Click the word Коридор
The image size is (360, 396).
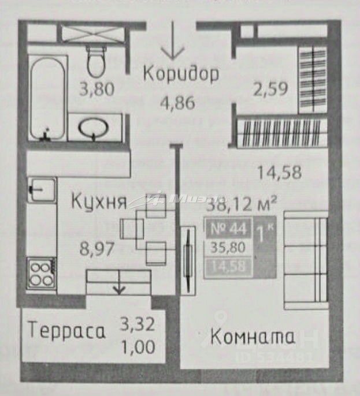(x=181, y=74)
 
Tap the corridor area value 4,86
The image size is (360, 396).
(x=177, y=103)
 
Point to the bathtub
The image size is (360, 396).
(x=46, y=98)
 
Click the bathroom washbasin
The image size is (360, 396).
(x=94, y=129)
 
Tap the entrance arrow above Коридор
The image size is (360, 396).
(x=172, y=41)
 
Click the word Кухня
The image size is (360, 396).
(x=99, y=202)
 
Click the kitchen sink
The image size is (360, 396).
(x=42, y=189)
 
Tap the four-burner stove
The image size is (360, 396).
(x=42, y=273)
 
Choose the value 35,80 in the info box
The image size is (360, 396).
(x=227, y=248)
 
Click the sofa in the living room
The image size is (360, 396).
(x=305, y=260)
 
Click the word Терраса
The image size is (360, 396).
(x=68, y=331)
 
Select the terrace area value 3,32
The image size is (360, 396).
(x=138, y=324)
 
